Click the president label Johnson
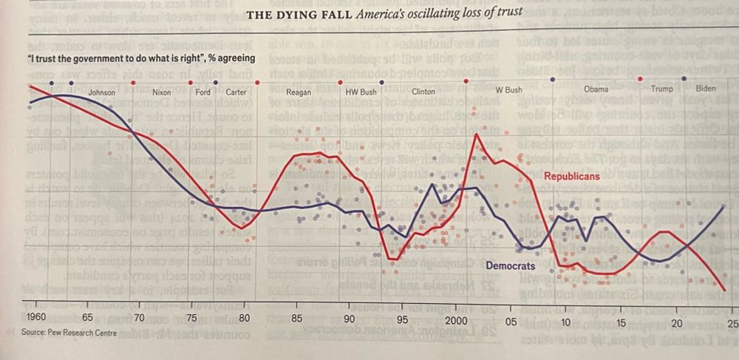[x=101, y=93]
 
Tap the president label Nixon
[x=161, y=93]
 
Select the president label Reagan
[x=299, y=92]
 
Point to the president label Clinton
[x=423, y=92]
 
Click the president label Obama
[x=596, y=89]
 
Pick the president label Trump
[x=661, y=89]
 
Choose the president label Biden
[x=706, y=89]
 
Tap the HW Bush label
[x=361, y=92]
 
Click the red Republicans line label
[x=572, y=177]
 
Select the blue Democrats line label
[x=510, y=265]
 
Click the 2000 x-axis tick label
[x=457, y=322]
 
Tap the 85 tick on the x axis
[x=296, y=320]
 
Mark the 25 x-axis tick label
[x=732, y=324]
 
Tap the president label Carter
[x=236, y=93]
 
